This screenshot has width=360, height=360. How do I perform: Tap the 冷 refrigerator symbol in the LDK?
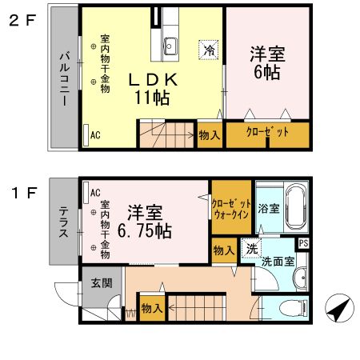209,50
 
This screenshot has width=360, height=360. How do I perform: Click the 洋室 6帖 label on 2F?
266,62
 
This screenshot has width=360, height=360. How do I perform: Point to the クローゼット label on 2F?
266,134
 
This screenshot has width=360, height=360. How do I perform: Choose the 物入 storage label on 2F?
210,135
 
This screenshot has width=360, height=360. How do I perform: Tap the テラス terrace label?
63,223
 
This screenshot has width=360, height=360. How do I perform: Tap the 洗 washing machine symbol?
251,248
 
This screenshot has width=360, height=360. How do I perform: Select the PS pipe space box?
302,243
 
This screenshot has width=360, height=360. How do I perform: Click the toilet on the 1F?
293,308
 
